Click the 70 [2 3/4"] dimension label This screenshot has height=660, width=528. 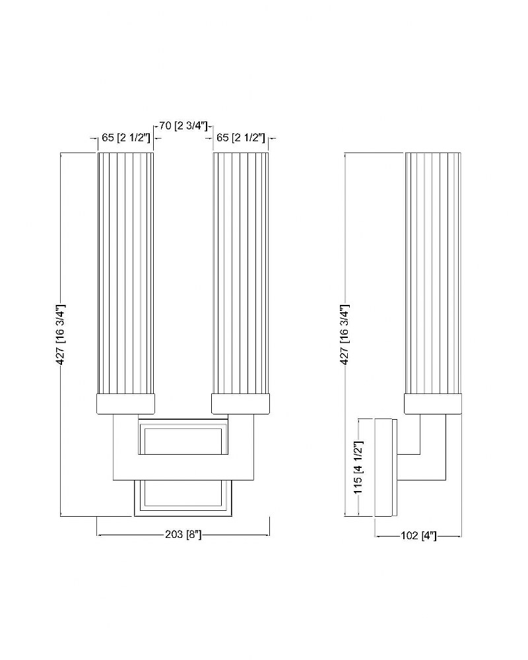pyautogui.click(x=183, y=125)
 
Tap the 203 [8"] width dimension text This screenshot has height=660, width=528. pyautogui.click(x=183, y=535)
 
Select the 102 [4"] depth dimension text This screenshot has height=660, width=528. pyautogui.click(x=418, y=536)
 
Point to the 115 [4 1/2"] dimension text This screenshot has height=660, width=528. pyautogui.click(x=358, y=467)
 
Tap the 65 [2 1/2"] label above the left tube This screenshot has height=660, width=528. pyautogui.click(x=126, y=138)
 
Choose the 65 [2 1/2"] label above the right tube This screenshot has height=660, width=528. pyautogui.click(x=240, y=138)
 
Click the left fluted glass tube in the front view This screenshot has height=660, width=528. pyautogui.click(x=125, y=273)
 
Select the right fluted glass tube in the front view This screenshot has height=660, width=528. pyautogui.click(x=241, y=273)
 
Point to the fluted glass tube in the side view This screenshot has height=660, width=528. pyautogui.click(x=433, y=273)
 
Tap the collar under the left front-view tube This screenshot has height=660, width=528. pyautogui.click(x=126, y=404)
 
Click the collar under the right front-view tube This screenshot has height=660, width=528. pyautogui.click(x=240, y=404)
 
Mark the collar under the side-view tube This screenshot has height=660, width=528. pyautogui.click(x=433, y=404)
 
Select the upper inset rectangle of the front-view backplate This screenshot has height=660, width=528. pyautogui.click(x=183, y=437)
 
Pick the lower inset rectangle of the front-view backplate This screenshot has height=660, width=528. pyautogui.click(x=183, y=498)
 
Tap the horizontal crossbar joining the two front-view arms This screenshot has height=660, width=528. pyautogui.click(x=183, y=467)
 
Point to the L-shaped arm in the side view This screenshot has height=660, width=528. pyautogui.click(x=433, y=467)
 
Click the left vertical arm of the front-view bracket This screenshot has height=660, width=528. pyautogui.click(x=126, y=446)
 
